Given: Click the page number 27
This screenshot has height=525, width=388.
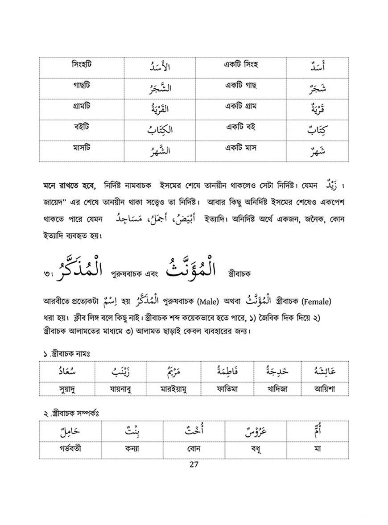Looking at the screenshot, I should (194, 464).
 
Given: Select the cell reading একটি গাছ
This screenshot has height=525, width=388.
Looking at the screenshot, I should (240, 85).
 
